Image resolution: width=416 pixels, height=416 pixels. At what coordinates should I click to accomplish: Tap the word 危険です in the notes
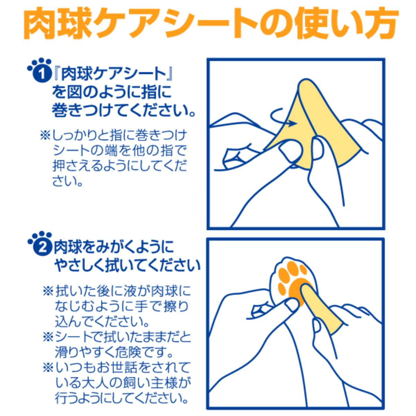tap(139, 353)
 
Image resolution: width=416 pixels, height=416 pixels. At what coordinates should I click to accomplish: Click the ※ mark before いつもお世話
tap(47, 368)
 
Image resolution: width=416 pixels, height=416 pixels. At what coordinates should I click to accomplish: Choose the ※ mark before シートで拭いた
tap(47, 337)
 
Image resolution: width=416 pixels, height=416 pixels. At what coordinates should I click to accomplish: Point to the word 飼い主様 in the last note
tap(153, 383)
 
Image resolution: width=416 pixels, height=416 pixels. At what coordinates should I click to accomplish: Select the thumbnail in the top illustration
tap(288, 150)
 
